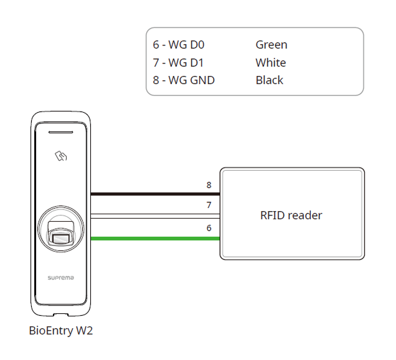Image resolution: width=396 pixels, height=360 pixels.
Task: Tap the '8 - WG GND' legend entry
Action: [184, 80]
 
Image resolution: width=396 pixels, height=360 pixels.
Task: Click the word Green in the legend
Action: [271, 45]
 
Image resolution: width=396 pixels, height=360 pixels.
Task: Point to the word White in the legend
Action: [271, 63]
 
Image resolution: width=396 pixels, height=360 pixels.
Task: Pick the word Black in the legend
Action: [270, 80]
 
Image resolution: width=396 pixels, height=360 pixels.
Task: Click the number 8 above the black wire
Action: [209, 185]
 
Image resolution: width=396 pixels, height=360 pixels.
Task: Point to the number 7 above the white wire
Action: [209, 205]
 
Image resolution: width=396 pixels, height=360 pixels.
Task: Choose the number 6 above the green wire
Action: [209, 228]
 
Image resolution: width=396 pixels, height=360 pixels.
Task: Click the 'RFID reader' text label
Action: [291, 216]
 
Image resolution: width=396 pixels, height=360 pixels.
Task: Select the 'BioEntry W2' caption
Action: [61, 331]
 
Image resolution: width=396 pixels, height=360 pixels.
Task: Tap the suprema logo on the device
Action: [61, 276]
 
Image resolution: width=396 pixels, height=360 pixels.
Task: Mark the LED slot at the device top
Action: [61, 133]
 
